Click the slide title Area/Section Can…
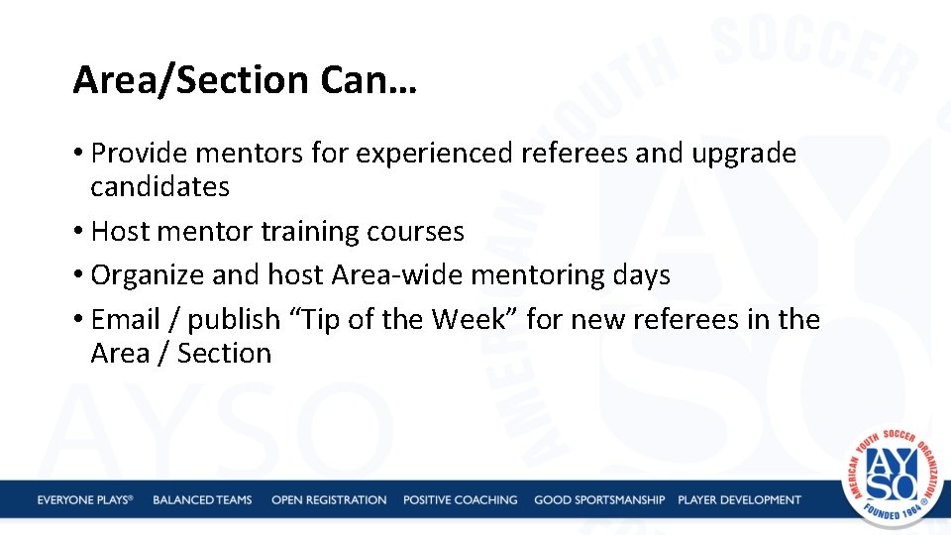click(245, 80)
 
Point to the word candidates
click(159, 186)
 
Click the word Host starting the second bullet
click(120, 232)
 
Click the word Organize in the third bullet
click(145, 275)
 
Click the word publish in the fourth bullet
click(234, 320)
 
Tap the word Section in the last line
click(224, 354)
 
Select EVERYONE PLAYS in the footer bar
click(85, 500)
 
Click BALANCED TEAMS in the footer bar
click(202, 500)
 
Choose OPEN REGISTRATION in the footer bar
click(329, 500)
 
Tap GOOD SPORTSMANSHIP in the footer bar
click(599, 500)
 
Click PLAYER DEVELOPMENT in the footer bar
click(739, 500)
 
